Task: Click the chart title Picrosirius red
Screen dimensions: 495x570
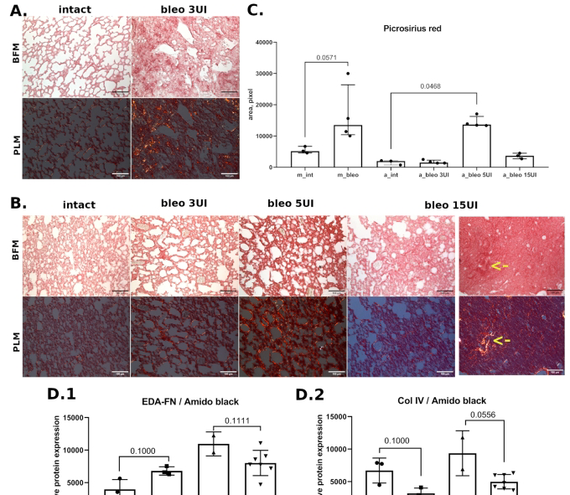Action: (x=392, y=27)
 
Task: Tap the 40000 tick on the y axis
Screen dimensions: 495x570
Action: (x=267, y=42)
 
